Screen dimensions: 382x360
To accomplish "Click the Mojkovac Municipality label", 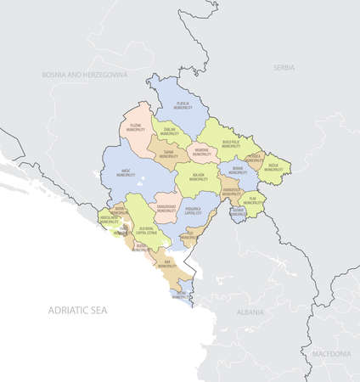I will coord(201,153).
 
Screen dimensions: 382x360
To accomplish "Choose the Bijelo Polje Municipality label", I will coord(230,143).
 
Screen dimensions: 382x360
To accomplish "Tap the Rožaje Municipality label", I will coord(274,168).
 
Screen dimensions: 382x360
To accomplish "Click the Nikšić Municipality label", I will coord(127,171).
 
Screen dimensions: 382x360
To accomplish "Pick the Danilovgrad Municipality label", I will coord(166,208).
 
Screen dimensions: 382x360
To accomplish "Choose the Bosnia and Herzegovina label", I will coord(84,75).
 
